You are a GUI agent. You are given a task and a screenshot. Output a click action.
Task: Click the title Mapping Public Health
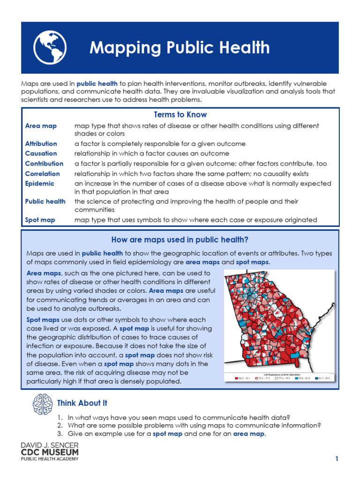(179, 47)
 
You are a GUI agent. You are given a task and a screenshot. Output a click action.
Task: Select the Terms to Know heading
(180, 115)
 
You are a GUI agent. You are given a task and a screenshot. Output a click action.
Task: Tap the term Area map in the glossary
(41, 126)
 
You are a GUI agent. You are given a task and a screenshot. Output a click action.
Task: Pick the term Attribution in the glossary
(41, 144)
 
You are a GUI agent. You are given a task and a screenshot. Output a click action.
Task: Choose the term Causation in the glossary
(41, 153)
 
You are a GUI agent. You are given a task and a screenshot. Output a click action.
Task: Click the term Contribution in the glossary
(44, 164)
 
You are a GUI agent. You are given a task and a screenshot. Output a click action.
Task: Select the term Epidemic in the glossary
(39, 184)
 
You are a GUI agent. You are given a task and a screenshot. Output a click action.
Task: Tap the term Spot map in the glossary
(40, 220)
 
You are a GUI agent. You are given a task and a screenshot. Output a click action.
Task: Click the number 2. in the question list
(60, 426)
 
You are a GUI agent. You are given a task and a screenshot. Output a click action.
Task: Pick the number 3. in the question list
(60, 434)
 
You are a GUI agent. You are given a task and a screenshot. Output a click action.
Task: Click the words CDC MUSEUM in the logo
(50, 452)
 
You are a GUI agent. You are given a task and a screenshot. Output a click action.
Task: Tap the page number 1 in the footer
(337, 459)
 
